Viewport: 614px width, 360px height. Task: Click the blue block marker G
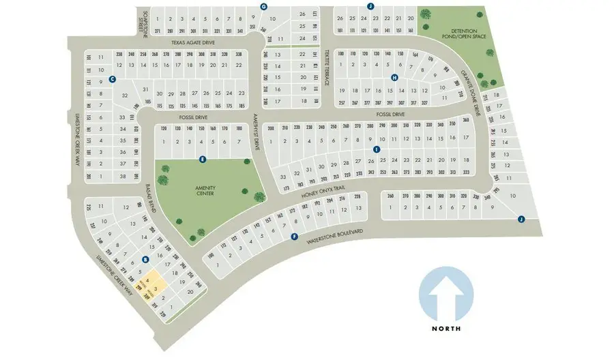(x=263, y=6)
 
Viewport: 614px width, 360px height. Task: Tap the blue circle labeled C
(x=112, y=79)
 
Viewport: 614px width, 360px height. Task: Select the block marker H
(x=394, y=78)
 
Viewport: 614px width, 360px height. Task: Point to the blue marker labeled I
(x=376, y=149)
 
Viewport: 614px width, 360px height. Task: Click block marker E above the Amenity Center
(x=202, y=160)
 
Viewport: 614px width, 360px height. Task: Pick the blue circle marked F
(x=295, y=237)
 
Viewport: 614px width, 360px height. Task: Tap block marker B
(x=145, y=259)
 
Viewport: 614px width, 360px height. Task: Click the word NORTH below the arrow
(x=447, y=329)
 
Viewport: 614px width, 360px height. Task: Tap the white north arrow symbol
(x=447, y=294)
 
